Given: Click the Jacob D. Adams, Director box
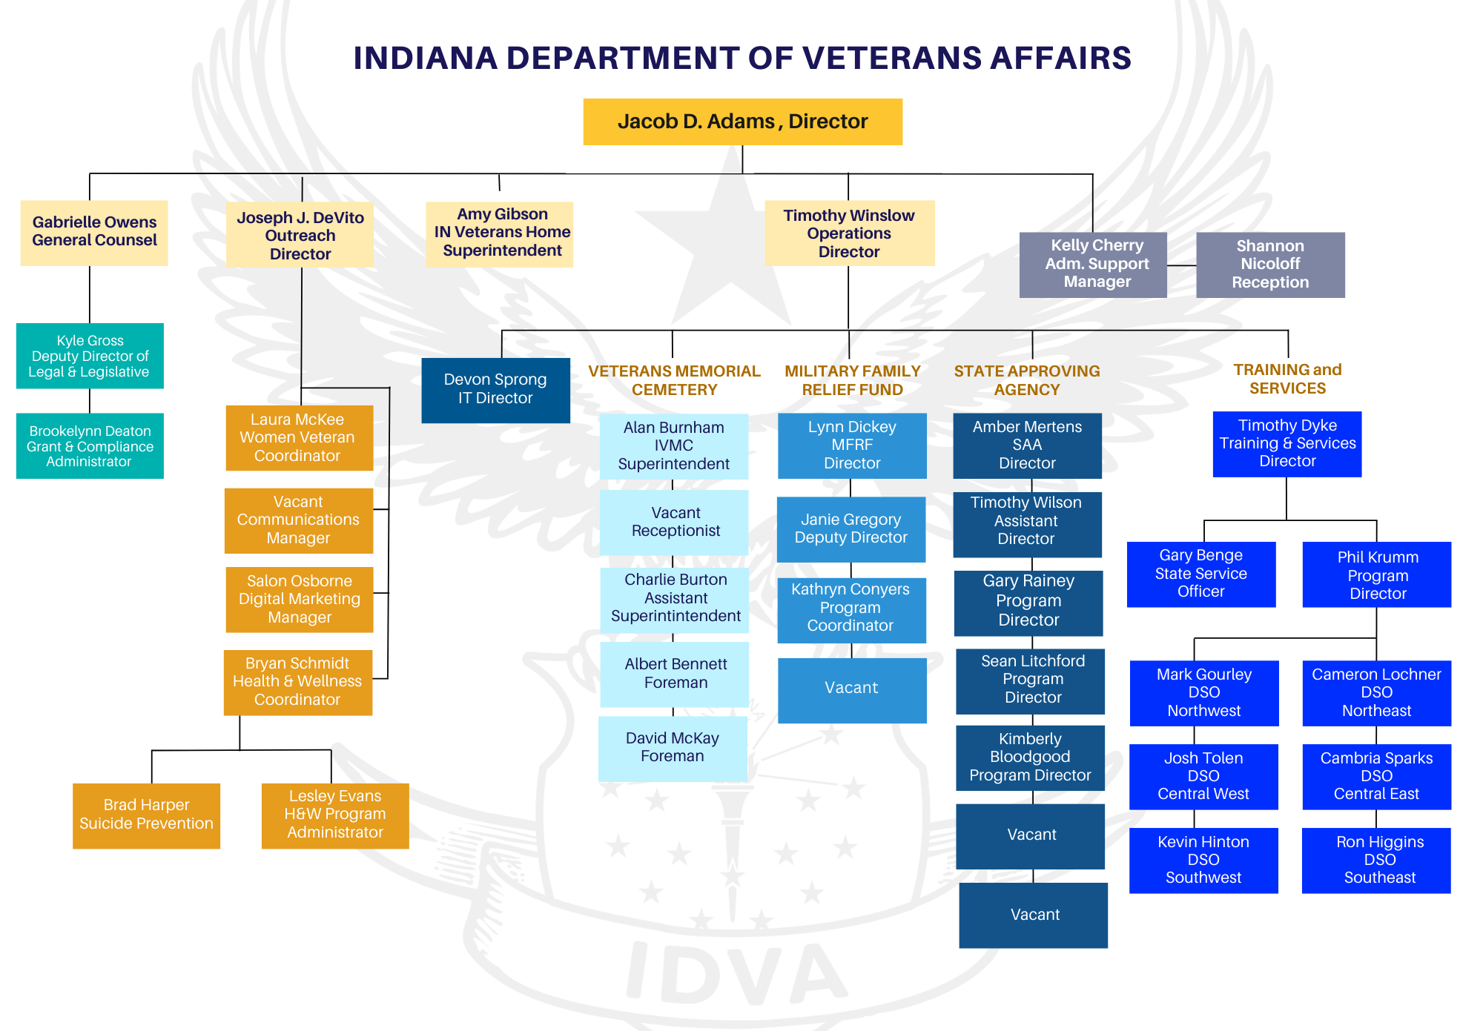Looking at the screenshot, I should [x=742, y=122].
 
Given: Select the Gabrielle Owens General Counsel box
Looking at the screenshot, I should [x=94, y=232].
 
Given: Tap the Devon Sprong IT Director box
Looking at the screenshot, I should [x=495, y=390].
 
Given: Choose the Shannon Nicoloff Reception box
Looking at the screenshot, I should [x=1270, y=265].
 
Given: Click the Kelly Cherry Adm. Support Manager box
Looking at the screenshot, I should [x=1093, y=265].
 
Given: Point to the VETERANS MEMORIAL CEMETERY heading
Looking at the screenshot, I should [x=674, y=380].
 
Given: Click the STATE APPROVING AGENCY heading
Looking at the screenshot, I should [x=1027, y=380].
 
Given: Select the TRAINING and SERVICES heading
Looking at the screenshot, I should [x=1287, y=379].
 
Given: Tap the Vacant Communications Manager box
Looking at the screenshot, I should [x=299, y=520].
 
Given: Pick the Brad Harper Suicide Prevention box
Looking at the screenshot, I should [x=146, y=815].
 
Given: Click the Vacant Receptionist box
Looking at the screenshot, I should [x=674, y=522].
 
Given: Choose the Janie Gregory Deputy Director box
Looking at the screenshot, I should [x=851, y=529].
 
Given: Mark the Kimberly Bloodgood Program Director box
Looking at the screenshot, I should [x=1030, y=757].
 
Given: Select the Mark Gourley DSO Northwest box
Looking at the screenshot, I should [x=1204, y=693].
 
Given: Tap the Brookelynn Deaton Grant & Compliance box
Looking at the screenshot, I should [x=90, y=445].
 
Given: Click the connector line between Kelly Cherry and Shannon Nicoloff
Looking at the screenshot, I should [x=1181, y=265].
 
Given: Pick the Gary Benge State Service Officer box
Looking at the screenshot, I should [x=1201, y=574].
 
